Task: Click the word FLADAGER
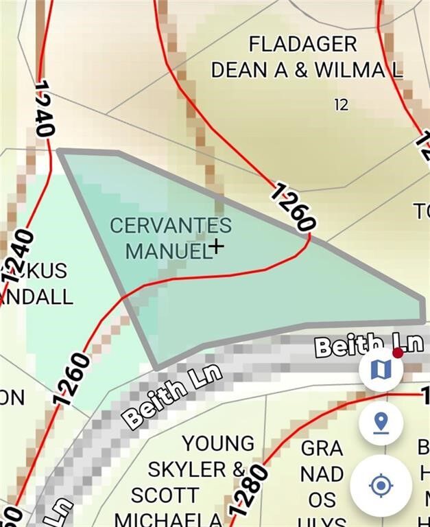coord(302,45)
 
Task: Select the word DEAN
coord(238,70)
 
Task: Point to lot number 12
coord(341,105)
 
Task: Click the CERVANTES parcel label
coord(171,225)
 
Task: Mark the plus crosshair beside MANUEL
coord(217,246)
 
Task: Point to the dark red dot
coord(398,353)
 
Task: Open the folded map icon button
coord(381,370)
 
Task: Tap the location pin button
coord(381,422)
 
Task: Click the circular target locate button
coord(381,486)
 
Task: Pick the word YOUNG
coord(218,443)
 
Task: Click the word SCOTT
coord(165,495)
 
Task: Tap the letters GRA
coord(322,449)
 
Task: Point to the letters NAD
coord(322,473)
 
